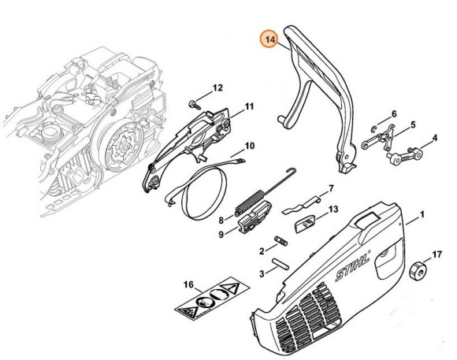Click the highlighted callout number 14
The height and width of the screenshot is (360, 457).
271,39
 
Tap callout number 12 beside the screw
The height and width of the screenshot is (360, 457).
218,87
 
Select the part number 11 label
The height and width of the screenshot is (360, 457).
249,106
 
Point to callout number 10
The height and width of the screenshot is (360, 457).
249,146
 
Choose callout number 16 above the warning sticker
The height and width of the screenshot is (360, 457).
188,284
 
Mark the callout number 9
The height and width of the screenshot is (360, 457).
221,233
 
